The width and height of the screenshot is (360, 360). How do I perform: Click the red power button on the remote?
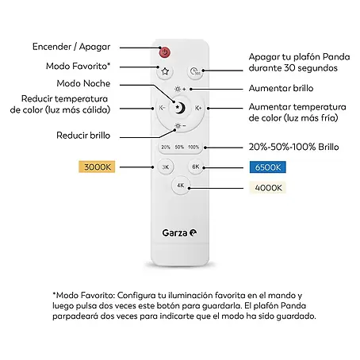(165, 52)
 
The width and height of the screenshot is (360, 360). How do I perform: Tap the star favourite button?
(165, 71)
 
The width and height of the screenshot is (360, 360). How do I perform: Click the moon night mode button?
(180, 108)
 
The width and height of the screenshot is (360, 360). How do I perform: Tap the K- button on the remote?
(162, 108)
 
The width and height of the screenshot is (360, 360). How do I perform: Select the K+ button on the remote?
(198, 108)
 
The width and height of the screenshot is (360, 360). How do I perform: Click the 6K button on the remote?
(196, 167)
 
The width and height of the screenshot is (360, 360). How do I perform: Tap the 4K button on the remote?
(180, 186)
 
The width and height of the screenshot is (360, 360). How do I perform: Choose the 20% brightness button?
(166, 147)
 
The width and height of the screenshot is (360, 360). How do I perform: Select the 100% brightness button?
(193, 147)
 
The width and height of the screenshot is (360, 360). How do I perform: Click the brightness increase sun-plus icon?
(180, 89)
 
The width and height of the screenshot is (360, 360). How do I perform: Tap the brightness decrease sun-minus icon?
(180, 126)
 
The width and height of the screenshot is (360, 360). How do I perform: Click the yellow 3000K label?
(97, 167)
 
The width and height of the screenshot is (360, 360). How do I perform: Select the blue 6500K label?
(268, 167)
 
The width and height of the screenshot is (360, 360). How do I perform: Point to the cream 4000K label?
(268, 188)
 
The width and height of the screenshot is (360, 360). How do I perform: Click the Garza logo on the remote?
(179, 233)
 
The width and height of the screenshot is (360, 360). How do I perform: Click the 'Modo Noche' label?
(83, 83)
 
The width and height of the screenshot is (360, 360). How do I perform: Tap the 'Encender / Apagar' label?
(71, 47)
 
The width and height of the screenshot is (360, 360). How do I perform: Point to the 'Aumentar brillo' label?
(281, 88)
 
